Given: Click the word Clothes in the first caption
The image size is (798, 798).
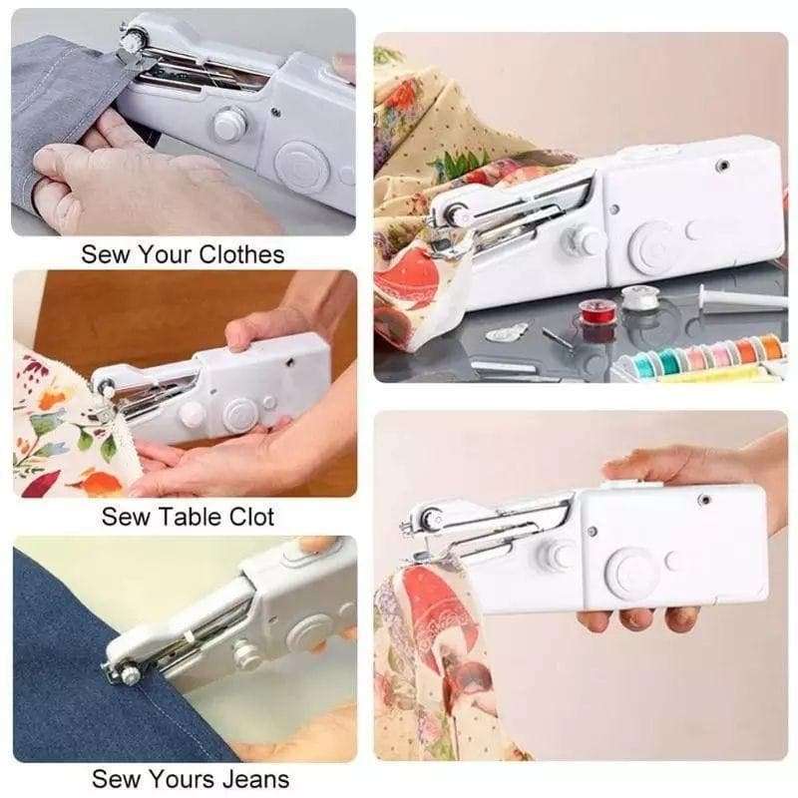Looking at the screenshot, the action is tap(241, 254).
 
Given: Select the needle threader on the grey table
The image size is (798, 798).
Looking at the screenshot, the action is tap(507, 331).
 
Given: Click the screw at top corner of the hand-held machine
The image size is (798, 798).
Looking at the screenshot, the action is tap(705, 500).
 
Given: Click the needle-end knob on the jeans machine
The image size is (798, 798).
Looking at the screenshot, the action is tap(131, 676).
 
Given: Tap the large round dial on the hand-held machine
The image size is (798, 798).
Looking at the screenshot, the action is tap(632, 571).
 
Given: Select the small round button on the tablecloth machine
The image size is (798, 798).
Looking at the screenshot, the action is tap(269, 402).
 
